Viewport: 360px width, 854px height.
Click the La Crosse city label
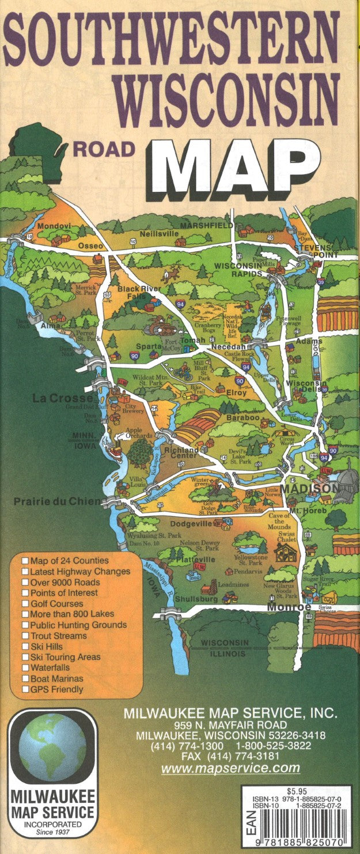point(62,398)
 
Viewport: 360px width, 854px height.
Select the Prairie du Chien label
point(58,501)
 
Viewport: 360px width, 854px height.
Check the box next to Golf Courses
point(25,603)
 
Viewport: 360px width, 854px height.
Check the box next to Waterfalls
point(25,668)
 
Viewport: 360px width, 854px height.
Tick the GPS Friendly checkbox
point(25,689)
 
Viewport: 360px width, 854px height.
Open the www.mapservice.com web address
point(230,768)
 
